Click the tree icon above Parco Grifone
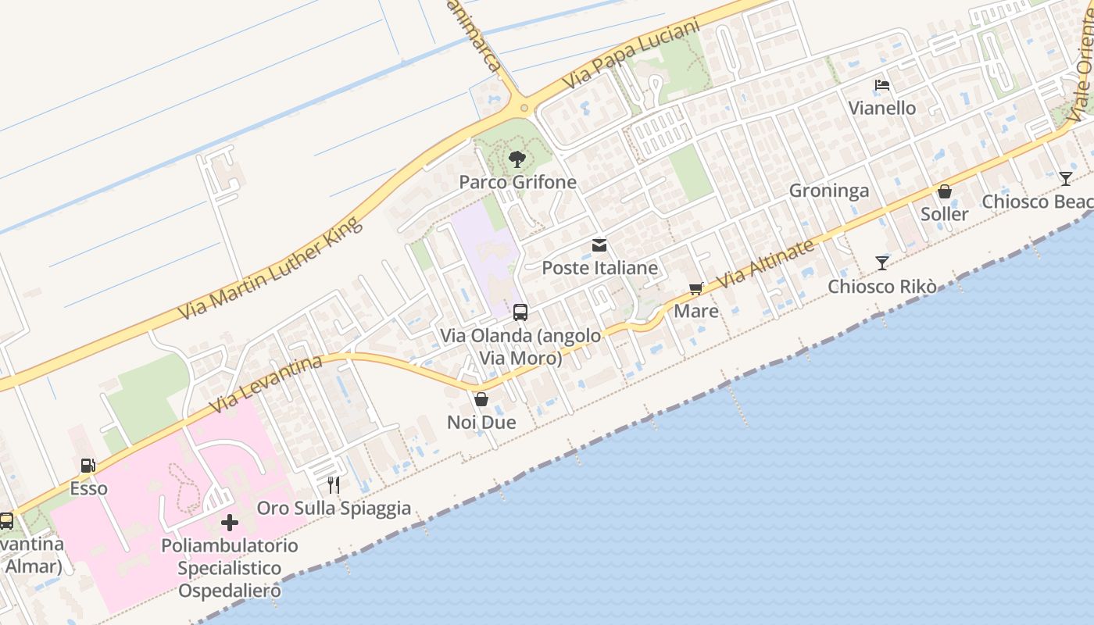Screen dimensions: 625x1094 517,160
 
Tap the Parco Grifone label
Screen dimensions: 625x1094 517,182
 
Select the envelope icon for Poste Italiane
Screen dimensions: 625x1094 599,245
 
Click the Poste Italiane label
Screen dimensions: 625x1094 599,268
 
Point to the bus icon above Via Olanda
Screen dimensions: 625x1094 520,312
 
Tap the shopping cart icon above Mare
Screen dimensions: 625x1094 695,289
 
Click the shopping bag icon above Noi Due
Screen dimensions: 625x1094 481,399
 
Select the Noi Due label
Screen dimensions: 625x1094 481,422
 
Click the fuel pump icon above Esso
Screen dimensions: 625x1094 88,466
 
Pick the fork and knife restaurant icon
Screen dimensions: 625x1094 334,485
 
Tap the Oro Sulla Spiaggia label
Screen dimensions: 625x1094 334,508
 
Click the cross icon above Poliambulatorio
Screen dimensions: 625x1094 230,522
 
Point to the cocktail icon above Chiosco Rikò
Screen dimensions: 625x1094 882,263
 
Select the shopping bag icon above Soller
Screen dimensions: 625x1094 945,191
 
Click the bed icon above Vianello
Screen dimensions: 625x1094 882,85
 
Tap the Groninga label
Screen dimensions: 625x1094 828,191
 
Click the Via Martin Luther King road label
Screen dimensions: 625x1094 271,268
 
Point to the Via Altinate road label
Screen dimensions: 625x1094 765,263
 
